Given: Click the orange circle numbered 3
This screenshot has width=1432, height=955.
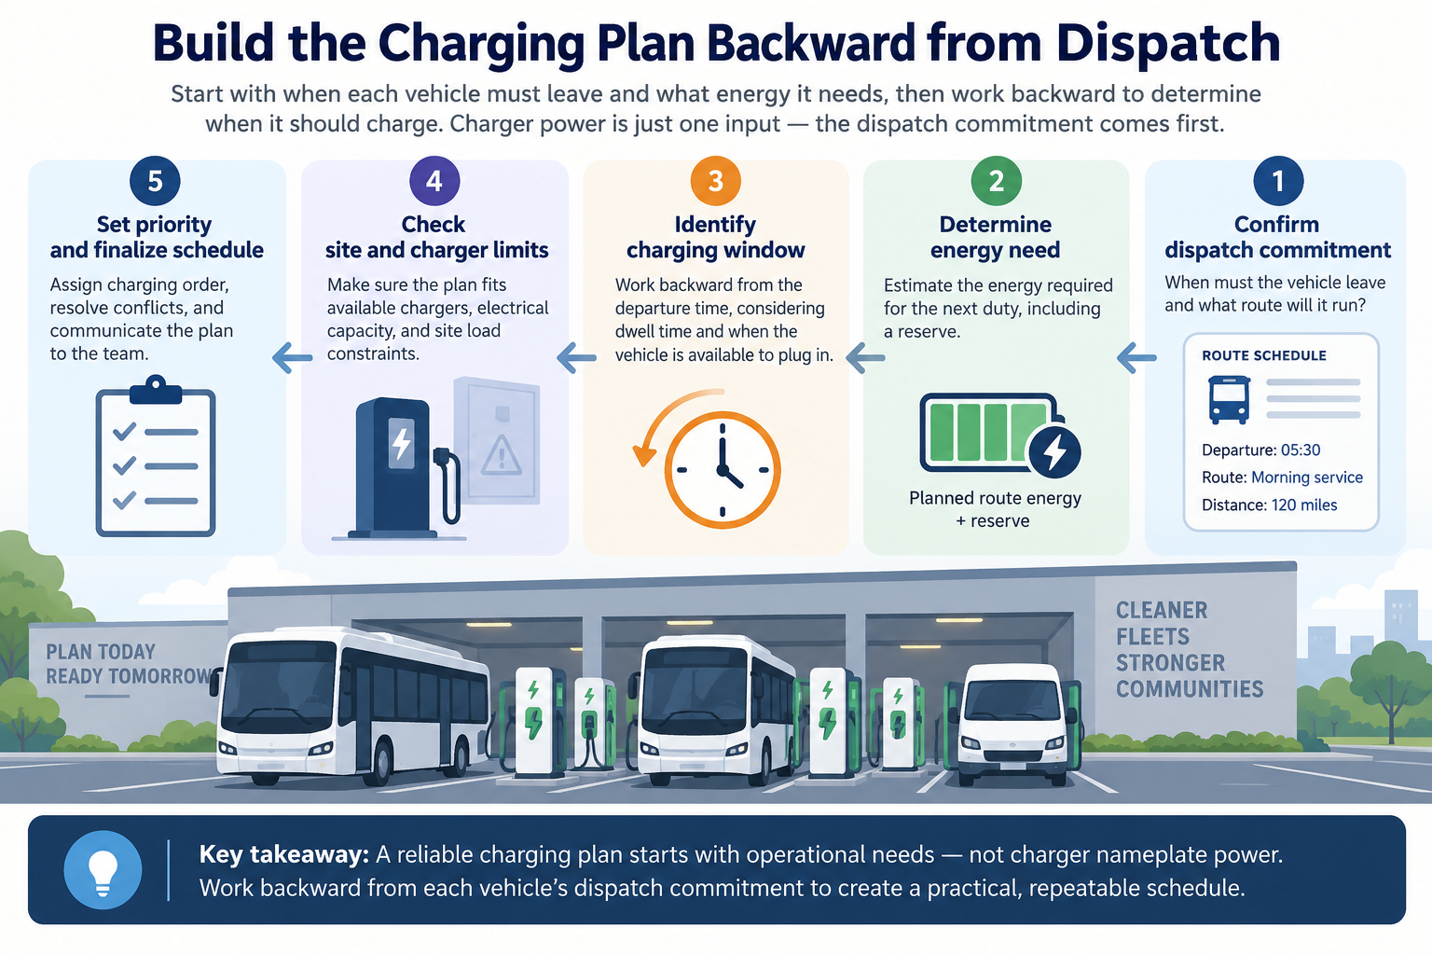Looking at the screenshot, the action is point(715,181).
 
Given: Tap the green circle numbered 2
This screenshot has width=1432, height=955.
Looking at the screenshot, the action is point(996,181).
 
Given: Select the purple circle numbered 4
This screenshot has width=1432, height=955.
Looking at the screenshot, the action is point(434,181).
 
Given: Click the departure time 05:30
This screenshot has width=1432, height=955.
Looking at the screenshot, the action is point(1301,450).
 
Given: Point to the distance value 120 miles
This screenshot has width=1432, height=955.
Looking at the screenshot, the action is point(1304,505).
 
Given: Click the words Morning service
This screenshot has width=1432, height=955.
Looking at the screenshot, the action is point(1307,477).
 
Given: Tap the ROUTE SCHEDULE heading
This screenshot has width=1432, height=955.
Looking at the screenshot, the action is point(1264,355).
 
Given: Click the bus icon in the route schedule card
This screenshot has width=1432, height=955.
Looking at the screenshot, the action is point(1229,400).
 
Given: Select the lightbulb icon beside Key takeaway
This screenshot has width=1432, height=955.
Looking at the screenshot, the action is point(103,870).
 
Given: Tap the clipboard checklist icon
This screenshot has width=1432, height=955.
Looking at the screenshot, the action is point(156,456).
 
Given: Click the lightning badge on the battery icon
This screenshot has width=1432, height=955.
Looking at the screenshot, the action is point(1054,451).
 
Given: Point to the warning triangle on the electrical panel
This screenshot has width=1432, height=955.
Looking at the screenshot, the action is point(502,456).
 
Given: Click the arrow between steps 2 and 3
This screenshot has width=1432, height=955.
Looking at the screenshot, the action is point(865,357).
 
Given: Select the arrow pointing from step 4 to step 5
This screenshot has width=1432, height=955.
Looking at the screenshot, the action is point(292,357).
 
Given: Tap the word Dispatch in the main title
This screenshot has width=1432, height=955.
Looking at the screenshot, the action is point(1168,44).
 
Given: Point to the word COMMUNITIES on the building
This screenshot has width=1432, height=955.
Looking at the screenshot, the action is point(1190,689).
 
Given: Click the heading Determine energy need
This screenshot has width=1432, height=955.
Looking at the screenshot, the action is point(996,237).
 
